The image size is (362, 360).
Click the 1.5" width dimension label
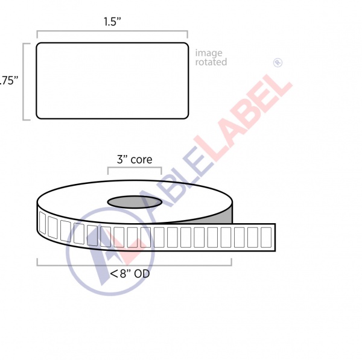pos(112,22)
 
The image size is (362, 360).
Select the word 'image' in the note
pos(208,53)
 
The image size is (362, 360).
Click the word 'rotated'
pos(211,62)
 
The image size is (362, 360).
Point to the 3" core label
pos(134,160)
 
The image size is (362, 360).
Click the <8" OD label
pos(130,274)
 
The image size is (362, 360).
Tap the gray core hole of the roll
pos(135,201)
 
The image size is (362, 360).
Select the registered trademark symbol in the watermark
pos(278,62)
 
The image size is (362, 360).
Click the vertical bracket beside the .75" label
pos(25,81)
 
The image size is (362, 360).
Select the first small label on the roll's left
pos(43,223)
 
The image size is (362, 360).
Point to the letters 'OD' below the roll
pos(142,274)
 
